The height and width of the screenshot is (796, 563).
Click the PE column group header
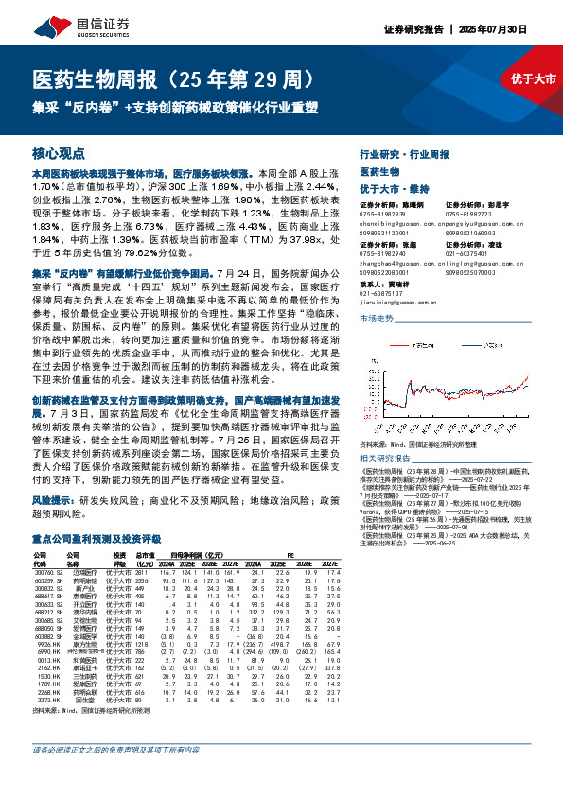(290, 556)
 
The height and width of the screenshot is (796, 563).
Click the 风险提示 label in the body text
(54, 497)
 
